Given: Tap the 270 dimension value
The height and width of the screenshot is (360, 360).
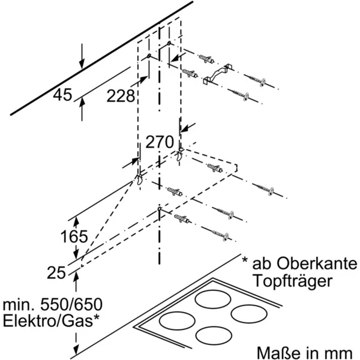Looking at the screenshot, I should point(160,142).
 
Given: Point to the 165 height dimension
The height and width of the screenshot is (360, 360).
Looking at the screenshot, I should point(74,236).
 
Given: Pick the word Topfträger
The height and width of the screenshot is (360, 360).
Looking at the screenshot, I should point(290,281).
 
